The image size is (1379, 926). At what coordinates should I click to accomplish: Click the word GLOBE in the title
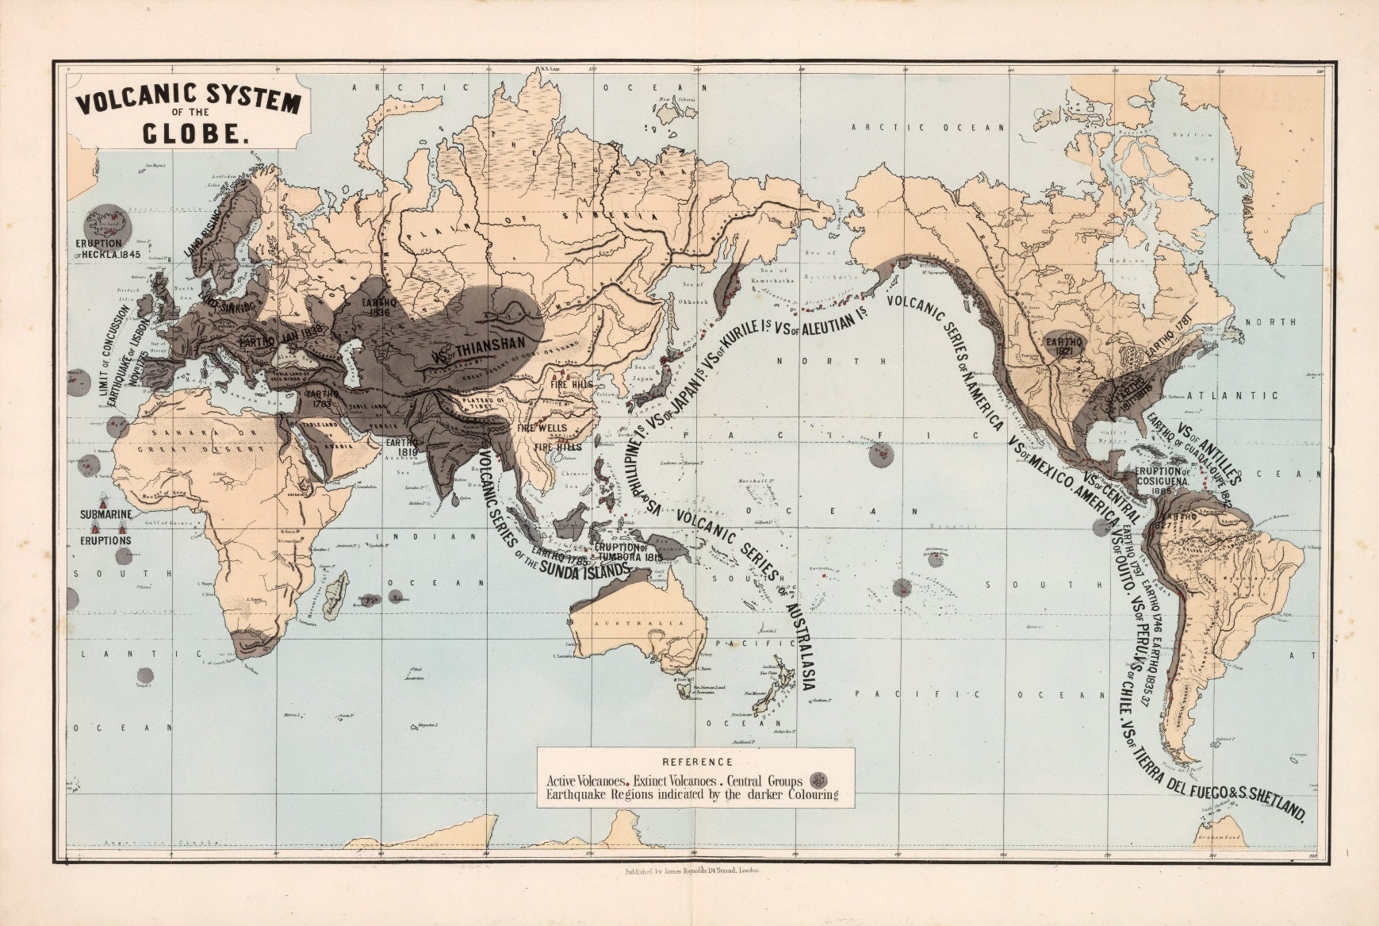[x=191, y=135]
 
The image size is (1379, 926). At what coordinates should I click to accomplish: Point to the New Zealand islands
[x=775, y=694]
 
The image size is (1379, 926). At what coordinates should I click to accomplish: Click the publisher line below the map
[x=691, y=870]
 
